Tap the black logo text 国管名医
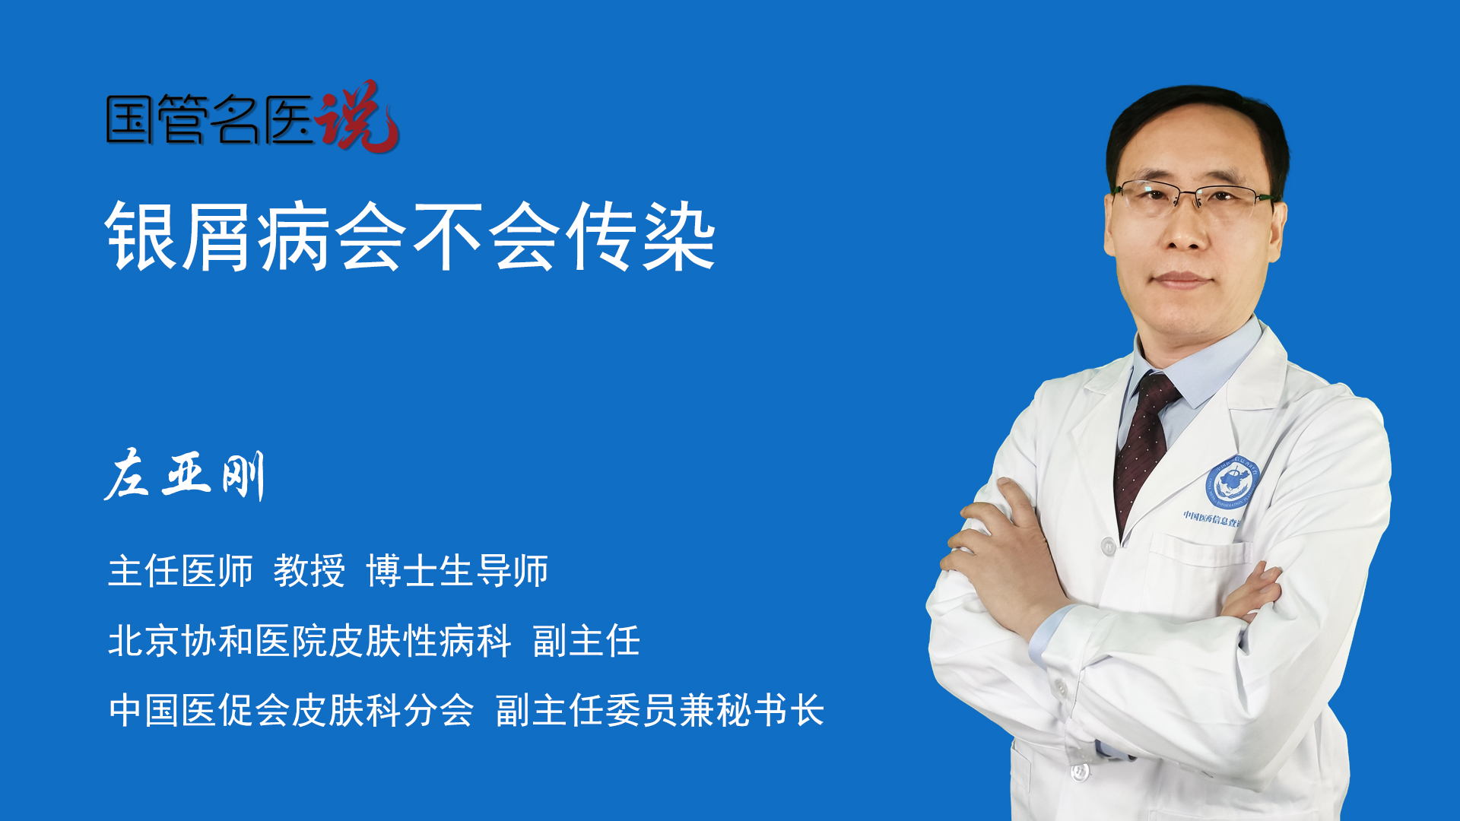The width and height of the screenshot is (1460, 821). coord(211,119)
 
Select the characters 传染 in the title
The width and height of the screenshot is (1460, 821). coord(643,236)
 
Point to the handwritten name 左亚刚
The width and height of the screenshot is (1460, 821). coord(185,475)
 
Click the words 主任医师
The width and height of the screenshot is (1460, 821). coord(180,571)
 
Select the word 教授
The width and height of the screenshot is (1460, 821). coord(309,571)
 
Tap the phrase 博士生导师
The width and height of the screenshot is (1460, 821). coord(457,571)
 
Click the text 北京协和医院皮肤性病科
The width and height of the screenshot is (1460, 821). coord(309,640)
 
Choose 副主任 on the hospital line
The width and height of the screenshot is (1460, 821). coord(586,640)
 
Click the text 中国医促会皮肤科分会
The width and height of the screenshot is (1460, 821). coord(291,710)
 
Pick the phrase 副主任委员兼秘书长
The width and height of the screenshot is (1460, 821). coord(660,710)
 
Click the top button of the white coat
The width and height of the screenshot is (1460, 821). coord(1109,546)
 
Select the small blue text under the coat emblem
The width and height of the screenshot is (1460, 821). coord(1211,518)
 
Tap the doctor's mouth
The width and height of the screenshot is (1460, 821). coord(1181,281)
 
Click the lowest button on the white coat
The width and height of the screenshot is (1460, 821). coord(1080,772)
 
